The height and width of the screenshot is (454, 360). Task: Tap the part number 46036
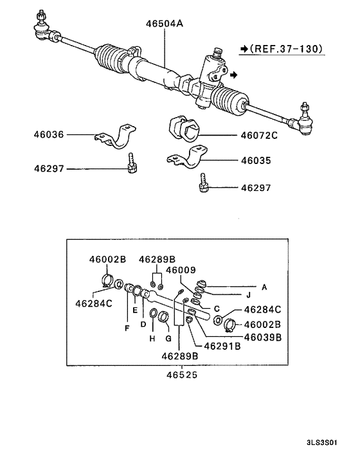pos(50,135)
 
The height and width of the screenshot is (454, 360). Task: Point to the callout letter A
pos(263,286)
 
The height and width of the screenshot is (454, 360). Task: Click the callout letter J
pos(248,296)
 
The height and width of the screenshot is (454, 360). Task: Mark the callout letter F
pos(126,328)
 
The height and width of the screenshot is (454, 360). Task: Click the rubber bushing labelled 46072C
pos(184,129)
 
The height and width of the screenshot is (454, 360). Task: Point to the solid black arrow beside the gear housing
pos(234,75)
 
